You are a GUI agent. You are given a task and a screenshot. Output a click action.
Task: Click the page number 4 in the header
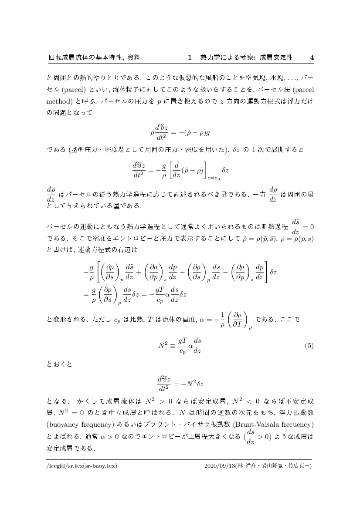(x=311, y=57)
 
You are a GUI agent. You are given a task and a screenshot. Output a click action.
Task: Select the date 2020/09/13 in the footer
(x=219, y=465)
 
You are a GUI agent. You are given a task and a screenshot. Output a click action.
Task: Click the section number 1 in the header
(x=190, y=57)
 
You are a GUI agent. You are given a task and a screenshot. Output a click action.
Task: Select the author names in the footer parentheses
(x=274, y=465)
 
